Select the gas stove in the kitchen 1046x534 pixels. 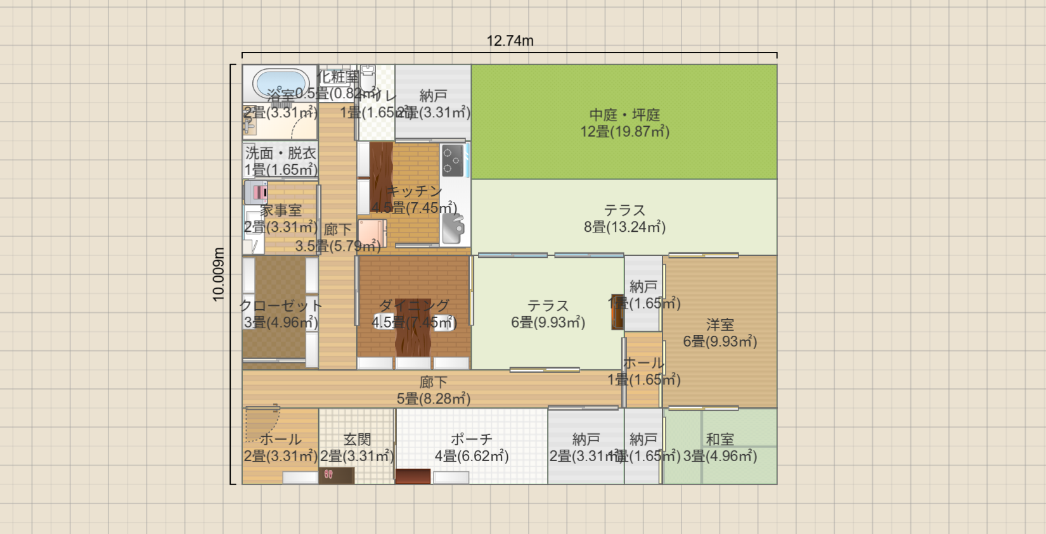pyautogui.click(x=452, y=160)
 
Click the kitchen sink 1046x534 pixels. pyautogui.click(x=453, y=228)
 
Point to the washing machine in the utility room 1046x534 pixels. pyautogui.click(x=256, y=191)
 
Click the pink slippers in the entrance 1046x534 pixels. pyautogui.click(x=328, y=474)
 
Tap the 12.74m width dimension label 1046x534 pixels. pyautogui.click(x=510, y=41)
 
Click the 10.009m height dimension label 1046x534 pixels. pyautogui.click(x=219, y=274)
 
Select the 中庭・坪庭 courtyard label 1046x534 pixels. pyautogui.click(x=624, y=115)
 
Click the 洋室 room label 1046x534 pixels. pyautogui.click(x=720, y=325)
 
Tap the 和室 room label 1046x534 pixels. pyautogui.click(x=720, y=439)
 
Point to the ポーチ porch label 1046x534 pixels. pyautogui.click(x=471, y=439)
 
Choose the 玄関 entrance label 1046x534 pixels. pyautogui.click(x=357, y=439)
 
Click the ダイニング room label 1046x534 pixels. pyautogui.click(x=414, y=306)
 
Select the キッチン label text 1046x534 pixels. pyautogui.click(x=414, y=191)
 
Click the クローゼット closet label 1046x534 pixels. pyautogui.click(x=280, y=306)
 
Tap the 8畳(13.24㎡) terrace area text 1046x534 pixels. pyautogui.click(x=624, y=227)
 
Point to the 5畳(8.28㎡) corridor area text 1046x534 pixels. pyautogui.click(x=434, y=398)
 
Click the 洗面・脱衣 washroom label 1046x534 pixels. pyautogui.click(x=280, y=153)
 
